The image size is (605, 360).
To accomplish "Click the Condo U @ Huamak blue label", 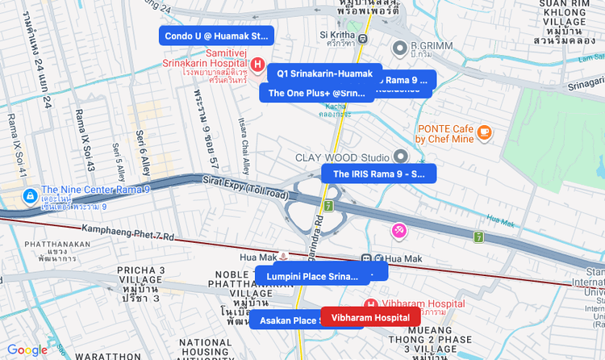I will point(216,36).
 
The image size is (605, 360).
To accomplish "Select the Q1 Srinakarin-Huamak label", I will point(324,73).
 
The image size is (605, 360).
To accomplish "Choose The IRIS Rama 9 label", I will point(378,174).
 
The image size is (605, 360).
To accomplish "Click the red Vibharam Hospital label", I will point(370,317).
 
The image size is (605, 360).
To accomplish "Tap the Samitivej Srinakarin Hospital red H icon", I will point(257,64).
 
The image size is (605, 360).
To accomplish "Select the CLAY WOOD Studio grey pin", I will point(401,157).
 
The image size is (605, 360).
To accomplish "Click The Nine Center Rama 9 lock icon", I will point(29,196).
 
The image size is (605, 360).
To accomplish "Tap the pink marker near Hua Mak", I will point(399,231).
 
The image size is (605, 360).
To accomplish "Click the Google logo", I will point(27,350).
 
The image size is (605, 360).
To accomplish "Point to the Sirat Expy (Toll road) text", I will point(244,190).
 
